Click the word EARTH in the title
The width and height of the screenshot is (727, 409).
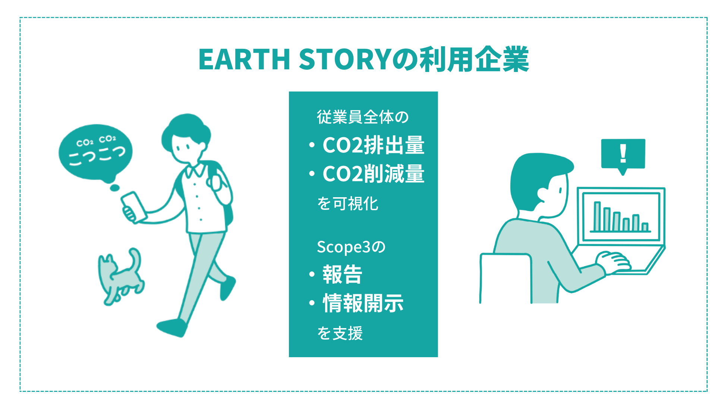(x=244, y=59)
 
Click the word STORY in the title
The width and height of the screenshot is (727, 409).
(x=345, y=59)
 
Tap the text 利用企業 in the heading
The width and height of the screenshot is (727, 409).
(x=474, y=59)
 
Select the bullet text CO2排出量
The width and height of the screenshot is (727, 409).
(x=374, y=145)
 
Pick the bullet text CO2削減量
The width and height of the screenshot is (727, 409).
(x=374, y=174)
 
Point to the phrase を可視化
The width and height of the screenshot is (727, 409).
(x=348, y=204)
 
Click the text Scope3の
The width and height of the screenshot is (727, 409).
(x=351, y=247)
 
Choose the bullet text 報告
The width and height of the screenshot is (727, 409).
(x=342, y=274)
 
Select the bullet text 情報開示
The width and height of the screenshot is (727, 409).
(x=363, y=303)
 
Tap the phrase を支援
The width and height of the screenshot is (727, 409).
(x=340, y=333)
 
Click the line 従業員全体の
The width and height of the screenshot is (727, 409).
(x=363, y=117)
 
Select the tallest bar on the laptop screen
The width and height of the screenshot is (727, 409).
(x=597, y=217)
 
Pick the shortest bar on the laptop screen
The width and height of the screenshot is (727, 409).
(x=645, y=227)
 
